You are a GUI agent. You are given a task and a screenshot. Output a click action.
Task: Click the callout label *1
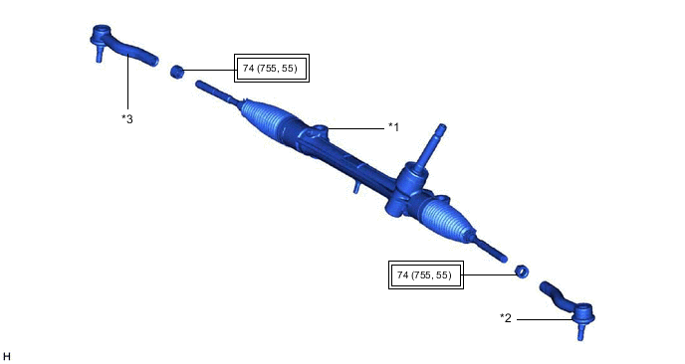393,127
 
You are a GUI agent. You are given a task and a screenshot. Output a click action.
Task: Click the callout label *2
506,318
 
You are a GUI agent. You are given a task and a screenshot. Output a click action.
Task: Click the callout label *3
127,118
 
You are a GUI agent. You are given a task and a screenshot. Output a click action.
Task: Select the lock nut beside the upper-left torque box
176,72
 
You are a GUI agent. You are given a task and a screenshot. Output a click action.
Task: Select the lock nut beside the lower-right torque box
522,272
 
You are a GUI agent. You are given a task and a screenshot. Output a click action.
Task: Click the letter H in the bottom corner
7,356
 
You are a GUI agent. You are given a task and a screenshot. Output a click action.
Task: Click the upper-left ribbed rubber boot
267,120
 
